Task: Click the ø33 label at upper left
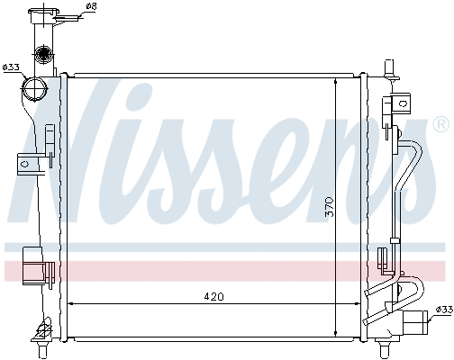click(x=11, y=67)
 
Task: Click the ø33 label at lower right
click(x=443, y=310)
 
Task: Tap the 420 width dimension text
click(x=213, y=296)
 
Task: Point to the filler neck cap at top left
click(x=44, y=15)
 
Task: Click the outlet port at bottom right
click(x=416, y=322)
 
